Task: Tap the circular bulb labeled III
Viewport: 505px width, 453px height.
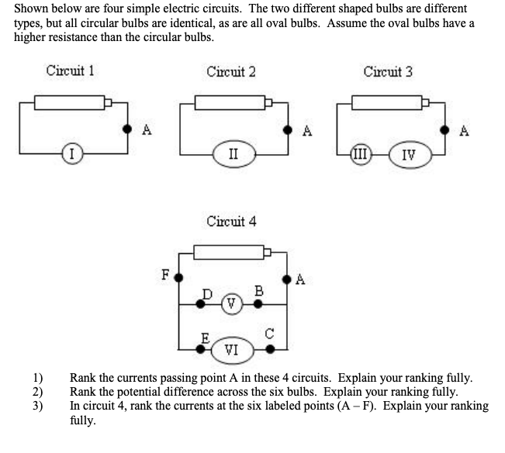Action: (x=361, y=151)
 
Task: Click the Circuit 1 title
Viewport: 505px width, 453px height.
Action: (x=70, y=72)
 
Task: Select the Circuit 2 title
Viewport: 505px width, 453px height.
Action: (x=231, y=72)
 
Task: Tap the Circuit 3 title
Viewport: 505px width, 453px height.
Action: (x=388, y=72)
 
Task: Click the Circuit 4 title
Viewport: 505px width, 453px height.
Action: (x=231, y=221)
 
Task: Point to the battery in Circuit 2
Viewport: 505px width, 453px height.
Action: (x=231, y=102)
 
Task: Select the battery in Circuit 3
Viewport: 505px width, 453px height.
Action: (x=388, y=102)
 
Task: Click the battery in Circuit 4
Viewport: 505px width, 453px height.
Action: (x=231, y=251)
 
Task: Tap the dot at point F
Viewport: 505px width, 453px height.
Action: (x=178, y=276)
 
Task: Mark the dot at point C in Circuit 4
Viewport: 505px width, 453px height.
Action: (x=270, y=349)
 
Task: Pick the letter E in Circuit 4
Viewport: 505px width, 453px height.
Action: (x=206, y=337)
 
